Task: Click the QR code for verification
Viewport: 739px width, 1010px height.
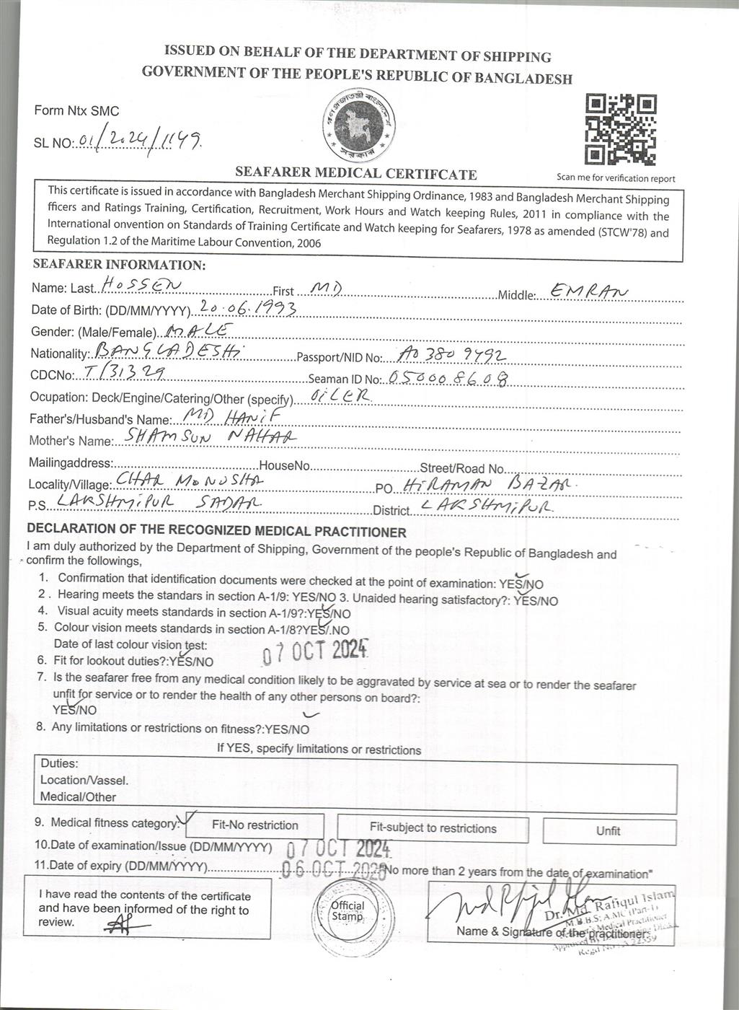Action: point(621,130)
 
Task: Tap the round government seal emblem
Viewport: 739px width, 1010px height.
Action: point(359,126)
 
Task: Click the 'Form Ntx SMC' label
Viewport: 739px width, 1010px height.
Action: point(76,111)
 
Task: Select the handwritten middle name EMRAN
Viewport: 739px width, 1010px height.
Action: point(588,291)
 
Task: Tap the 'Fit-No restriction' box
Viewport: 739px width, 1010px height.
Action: point(255,825)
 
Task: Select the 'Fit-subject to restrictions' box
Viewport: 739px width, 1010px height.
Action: point(433,828)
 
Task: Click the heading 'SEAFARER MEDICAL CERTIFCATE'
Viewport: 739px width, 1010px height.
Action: point(355,174)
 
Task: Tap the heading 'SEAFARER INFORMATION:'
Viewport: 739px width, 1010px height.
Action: point(119,265)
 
